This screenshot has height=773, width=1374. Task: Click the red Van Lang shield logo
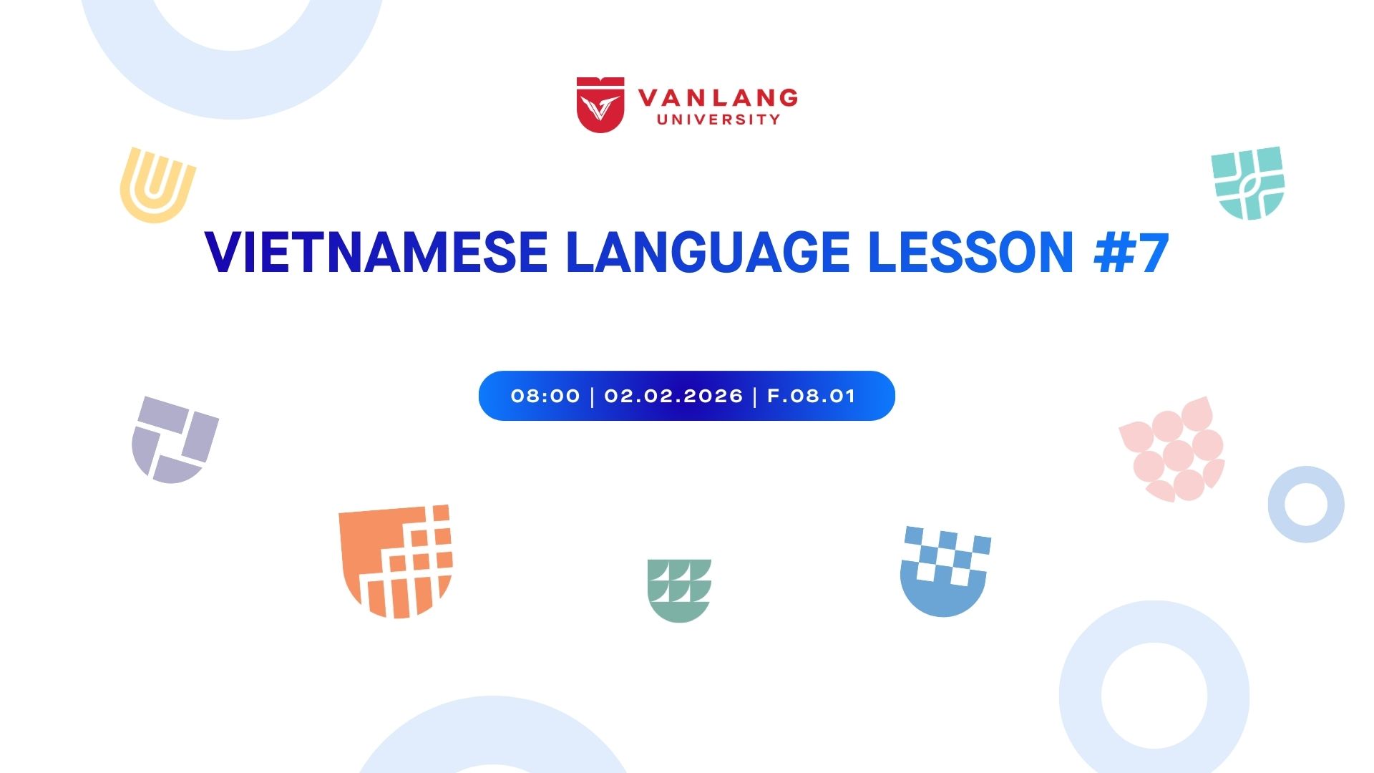[600, 104]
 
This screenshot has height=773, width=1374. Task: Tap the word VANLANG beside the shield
[718, 97]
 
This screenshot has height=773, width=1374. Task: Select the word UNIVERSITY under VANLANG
[718, 120]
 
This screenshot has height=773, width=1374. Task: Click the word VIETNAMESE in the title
[376, 253]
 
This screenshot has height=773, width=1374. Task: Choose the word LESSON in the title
[971, 253]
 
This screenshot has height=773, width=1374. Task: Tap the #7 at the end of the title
[1131, 253]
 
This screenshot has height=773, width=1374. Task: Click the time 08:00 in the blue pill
[545, 396]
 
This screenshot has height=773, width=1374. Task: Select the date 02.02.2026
[673, 396]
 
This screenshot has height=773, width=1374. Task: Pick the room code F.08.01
[812, 396]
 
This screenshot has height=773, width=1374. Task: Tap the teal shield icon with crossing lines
[1248, 183]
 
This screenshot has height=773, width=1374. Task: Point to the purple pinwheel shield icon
[175, 439]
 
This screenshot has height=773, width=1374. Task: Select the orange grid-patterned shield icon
[396, 561]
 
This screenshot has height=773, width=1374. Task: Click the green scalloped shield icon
[679, 590]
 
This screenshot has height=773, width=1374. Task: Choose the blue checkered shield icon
[945, 572]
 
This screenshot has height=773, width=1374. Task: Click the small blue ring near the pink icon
[1281, 505]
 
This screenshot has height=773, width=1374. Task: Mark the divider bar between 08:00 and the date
[593, 396]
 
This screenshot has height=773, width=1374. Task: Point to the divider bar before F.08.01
[756, 396]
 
